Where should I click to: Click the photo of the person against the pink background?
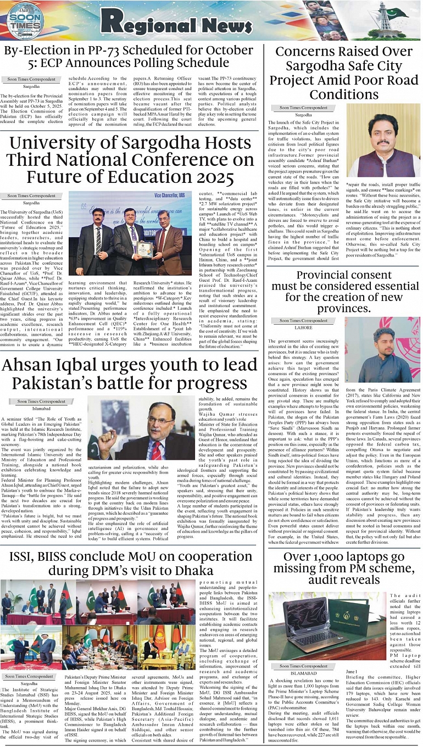pyautogui.click(x=382, y=349)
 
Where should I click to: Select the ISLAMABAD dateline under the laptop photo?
pyautogui.click(x=303, y=671)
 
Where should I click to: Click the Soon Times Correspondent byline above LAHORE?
pyautogui.click(x=302, y=320)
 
